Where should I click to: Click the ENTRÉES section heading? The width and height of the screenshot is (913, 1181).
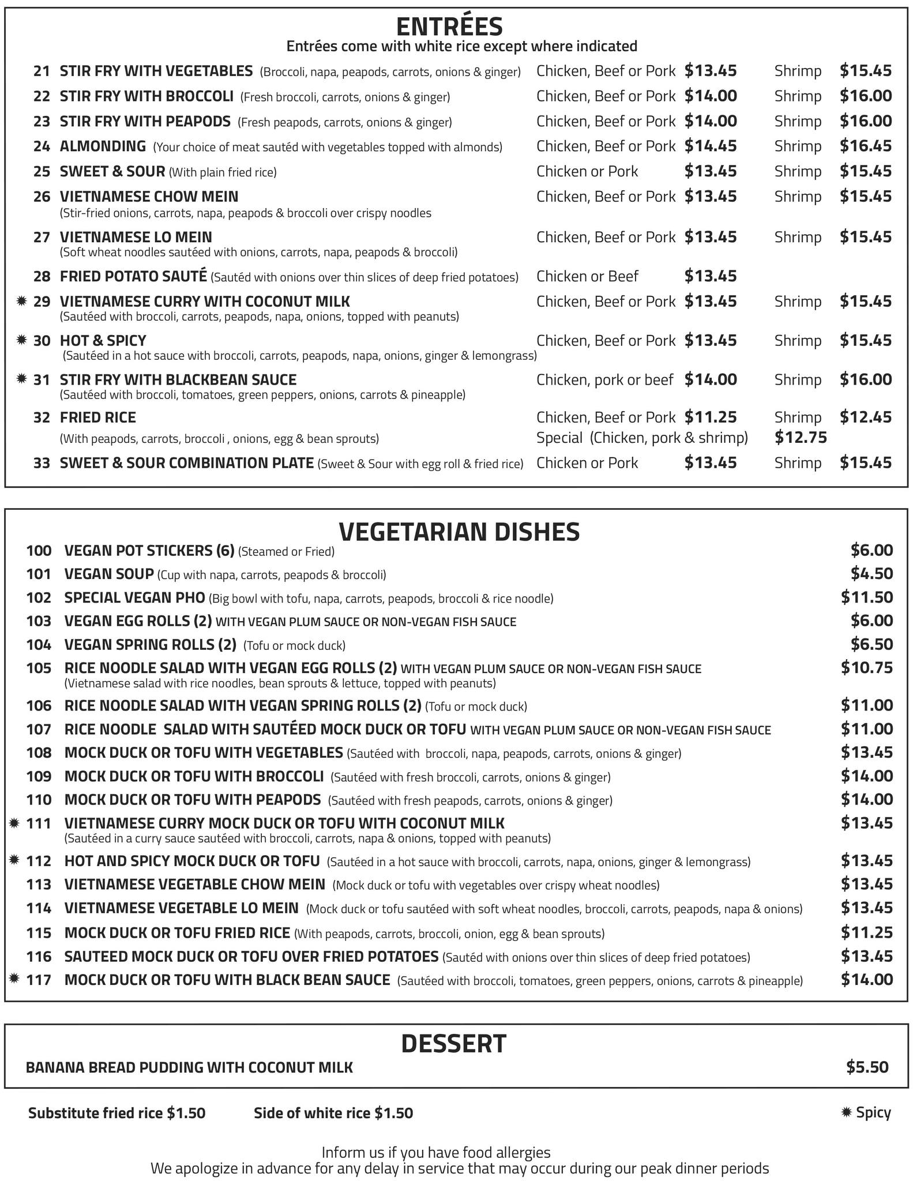click(449, 27)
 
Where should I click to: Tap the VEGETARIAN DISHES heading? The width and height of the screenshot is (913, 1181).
click(459, 532)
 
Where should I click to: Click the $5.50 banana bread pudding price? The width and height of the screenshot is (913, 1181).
click(867, 1067)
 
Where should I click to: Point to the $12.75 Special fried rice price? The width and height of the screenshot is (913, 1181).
click(801, 438)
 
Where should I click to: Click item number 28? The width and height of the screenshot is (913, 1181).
click(42, 277)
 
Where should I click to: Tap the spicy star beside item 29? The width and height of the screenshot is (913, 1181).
click(22, 301)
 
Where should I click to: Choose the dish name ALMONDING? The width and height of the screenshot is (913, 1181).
click(103, 146)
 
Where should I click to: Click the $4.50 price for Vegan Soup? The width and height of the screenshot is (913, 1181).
click(871, 574)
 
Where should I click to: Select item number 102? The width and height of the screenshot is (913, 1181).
click(39, 598)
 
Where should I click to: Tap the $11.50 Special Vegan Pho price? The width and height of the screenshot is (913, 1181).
click(866, 597)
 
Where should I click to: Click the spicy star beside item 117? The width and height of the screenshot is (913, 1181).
click(15, 979)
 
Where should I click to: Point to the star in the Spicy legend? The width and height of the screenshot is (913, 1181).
click(847, 1112)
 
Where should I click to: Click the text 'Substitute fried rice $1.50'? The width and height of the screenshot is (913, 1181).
click(117, 1113)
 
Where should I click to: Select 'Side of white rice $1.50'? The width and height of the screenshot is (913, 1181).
click(333, 1113)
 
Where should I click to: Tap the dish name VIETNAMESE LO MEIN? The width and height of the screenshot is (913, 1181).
click(136, 237)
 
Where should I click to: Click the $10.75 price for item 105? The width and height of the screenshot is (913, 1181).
click(866, 668)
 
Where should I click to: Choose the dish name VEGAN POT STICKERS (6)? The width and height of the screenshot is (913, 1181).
click(149, 551)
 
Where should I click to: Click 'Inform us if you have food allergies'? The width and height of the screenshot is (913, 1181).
click(436, 1153)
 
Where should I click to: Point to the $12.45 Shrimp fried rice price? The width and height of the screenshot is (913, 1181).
click(865, 417)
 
